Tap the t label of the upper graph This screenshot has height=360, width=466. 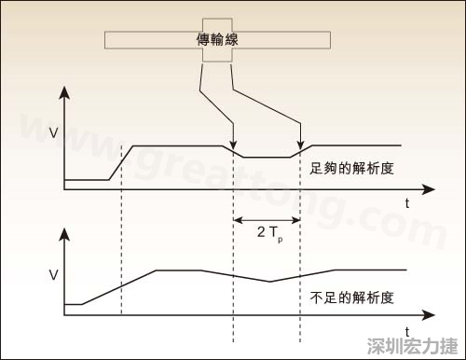[408, 202]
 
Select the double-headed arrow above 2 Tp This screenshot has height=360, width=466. [267, 220]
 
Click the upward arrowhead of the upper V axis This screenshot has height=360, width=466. [63, 92]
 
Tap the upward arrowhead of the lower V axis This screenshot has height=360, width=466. [63, 230]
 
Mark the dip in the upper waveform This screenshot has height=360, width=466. [267, 158]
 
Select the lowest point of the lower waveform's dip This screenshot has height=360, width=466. [269, 281]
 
